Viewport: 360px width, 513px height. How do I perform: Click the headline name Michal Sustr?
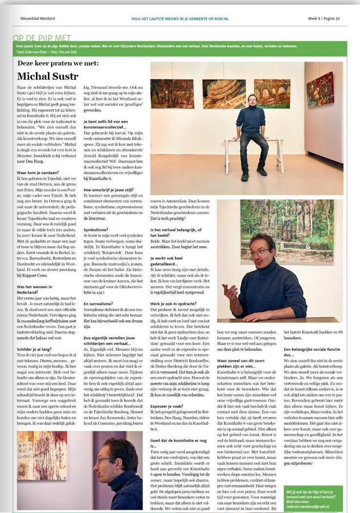coord(47,76)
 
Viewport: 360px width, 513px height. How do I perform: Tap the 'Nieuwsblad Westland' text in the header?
coord(37,19)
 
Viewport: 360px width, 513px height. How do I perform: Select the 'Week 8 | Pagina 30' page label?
coord(324,19)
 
